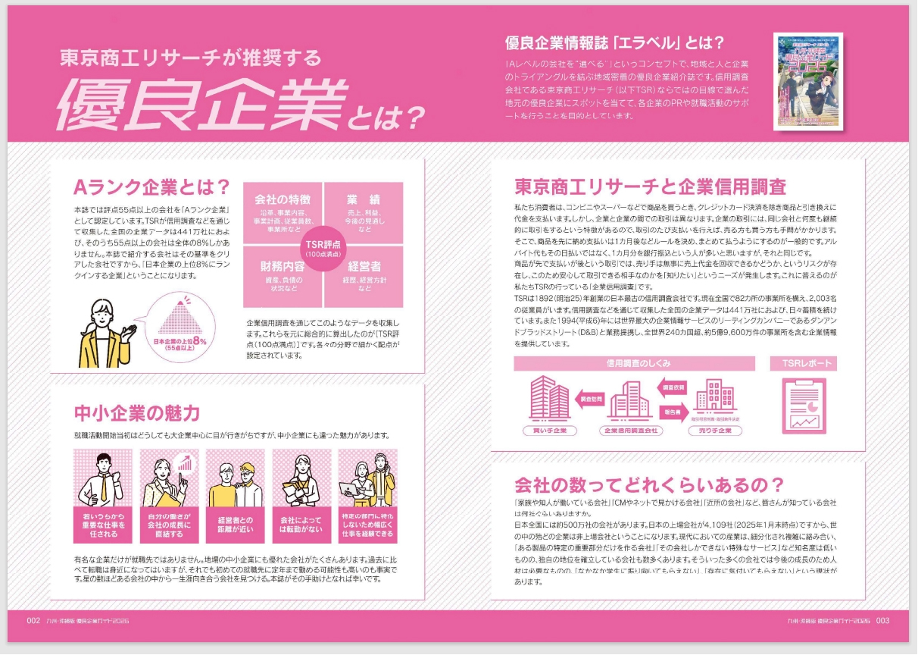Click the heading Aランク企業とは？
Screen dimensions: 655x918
point(151,187)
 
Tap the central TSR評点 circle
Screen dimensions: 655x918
point(323,247)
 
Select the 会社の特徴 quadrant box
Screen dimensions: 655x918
point(283,213)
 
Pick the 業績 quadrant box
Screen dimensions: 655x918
point(364,213)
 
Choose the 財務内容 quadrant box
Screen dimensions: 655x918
point(283,280)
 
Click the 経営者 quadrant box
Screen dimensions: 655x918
point(364,280)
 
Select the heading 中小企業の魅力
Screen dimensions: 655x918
point(137,413)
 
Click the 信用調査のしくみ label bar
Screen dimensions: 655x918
point(638,363)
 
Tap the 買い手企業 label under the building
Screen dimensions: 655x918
point(550,431)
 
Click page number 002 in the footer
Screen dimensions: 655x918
point(33,620)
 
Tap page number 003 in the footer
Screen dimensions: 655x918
point(882,620)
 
